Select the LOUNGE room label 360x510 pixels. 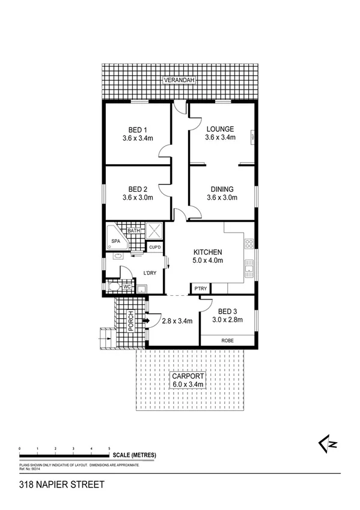coord(220,129)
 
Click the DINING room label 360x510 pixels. coord(222,189)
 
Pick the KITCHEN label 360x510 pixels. coord(208,252)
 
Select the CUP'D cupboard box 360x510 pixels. coord(154,247)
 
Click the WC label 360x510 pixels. coord(127,287)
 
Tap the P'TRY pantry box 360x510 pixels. coord(200,289)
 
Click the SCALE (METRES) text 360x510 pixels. coord(131,455)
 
